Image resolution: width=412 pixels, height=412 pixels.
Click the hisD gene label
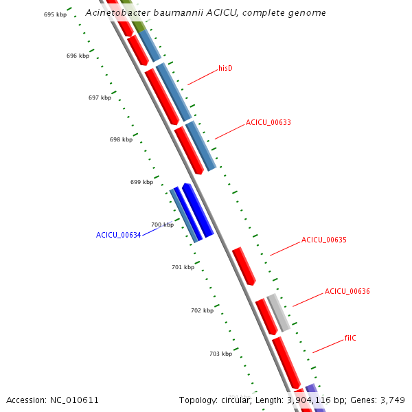point(225,68)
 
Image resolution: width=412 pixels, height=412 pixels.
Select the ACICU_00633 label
point(268,123)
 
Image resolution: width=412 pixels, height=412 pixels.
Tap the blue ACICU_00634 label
point(118,235)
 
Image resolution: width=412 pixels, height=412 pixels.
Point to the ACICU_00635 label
point(323,240)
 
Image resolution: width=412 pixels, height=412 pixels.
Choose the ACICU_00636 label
point(347,291)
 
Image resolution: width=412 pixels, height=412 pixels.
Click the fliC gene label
point(350,338)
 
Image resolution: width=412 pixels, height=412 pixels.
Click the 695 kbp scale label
point(55,14)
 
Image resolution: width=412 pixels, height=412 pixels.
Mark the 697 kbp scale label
point(100,98)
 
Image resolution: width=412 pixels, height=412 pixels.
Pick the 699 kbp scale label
point(141,182)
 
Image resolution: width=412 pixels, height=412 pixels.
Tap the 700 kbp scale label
point(162,225)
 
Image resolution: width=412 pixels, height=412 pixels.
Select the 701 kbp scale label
point(183,267)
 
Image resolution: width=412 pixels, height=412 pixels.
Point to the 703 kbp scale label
point(220,354)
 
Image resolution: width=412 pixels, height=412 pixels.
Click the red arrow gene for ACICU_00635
point(244,266)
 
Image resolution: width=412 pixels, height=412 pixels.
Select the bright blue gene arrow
point(198,211)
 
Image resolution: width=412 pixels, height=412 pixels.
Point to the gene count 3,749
point(393,400)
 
